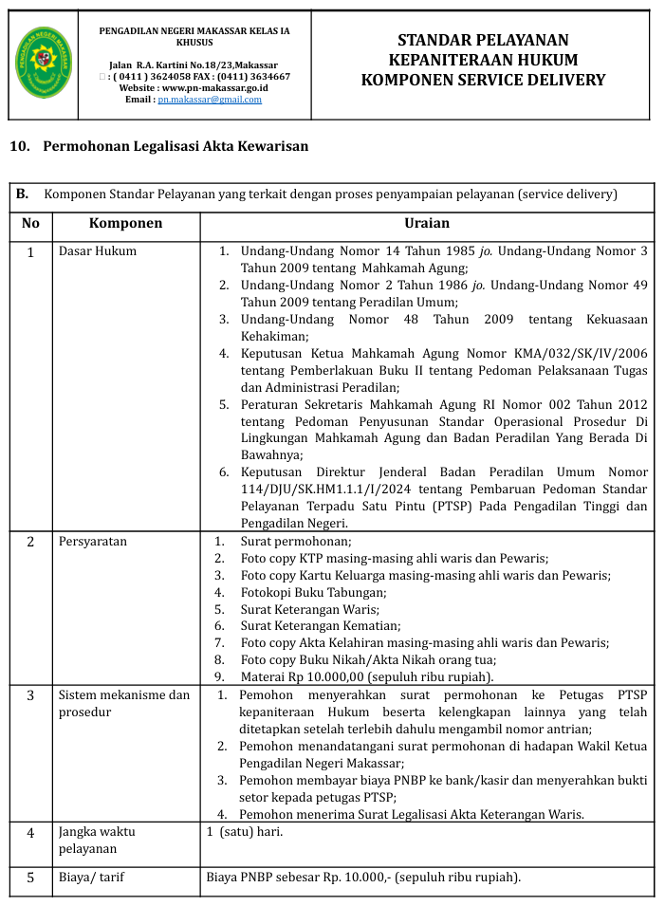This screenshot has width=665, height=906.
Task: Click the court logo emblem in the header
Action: click(45, 65)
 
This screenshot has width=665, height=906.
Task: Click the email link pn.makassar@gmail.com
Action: click(209, 100)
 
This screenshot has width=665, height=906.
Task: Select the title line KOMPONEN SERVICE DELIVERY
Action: click(483, 80)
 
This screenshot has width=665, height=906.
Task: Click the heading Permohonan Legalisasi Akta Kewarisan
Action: click(175, 147)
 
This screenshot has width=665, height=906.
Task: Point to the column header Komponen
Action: click(125, 224)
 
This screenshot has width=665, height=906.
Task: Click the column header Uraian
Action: click(426, 224)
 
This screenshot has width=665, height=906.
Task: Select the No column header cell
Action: click(31, 224)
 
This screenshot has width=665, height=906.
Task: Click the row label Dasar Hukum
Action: click(98, 251)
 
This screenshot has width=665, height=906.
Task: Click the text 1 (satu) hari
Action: click(245, 832)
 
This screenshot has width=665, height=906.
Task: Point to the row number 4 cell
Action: click(31, 833)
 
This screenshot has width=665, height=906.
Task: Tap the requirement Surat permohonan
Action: click(295, 542)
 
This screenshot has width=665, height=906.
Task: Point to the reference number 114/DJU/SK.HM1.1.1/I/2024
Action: click(315, 489)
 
